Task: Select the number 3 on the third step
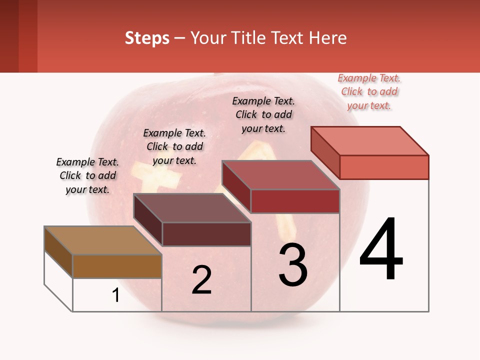pyautogui.click(x=293, y=264)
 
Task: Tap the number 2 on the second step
pyautogui.click(x=202, y=280)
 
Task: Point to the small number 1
pyautogui.click(x=116, y=295)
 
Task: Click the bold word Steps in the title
pyautogui.click(x=147, y=38)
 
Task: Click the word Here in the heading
pyautogui.click(x=328, y=38)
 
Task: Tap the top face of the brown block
pyautogui.click(x=103, y=240)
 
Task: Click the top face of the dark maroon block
pyautogui.click(x=192, y=207)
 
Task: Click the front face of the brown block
pyautogui.click(x=117, y=266)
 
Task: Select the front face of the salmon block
pyautogui.click(x=384, y=167)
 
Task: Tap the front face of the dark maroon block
pyautogui.click(x=206, y=234)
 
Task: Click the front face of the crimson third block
pyautogui.click(x=295, y=201)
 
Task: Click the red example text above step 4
pyautogui.click(x=369, y=92)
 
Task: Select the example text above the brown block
pyautogui.click(x=87, y=176)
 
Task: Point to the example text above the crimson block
pyautogui.click(x=263, y=114)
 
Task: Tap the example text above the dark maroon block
pyautogui.click(x=174, y=146)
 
